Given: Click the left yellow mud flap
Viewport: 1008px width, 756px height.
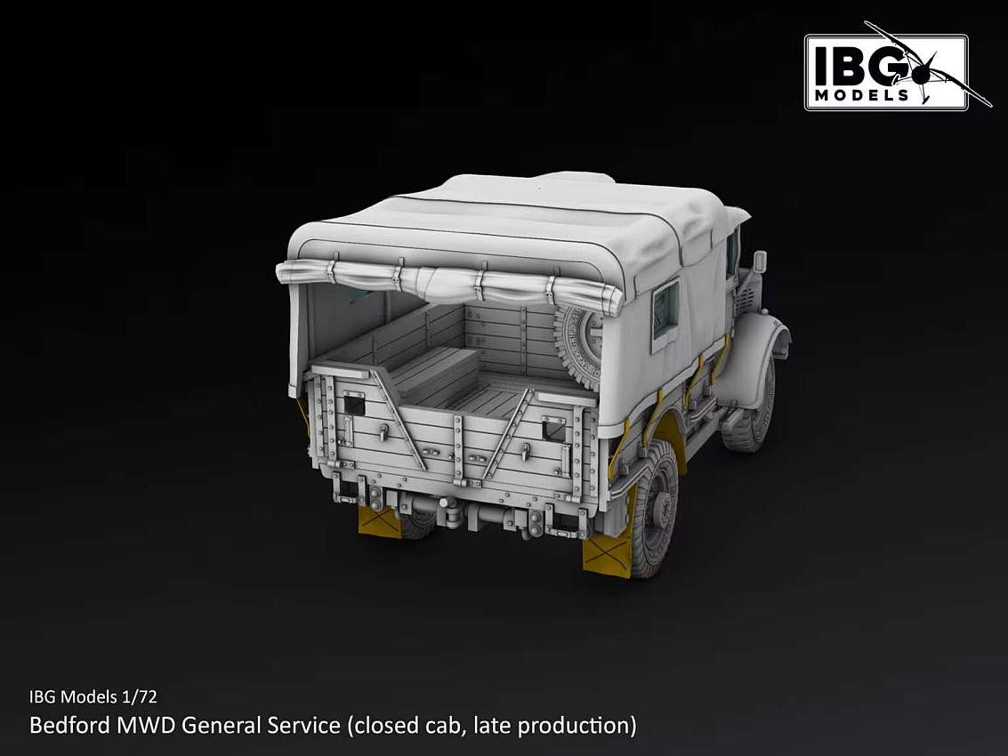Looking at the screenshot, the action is pos(379,520).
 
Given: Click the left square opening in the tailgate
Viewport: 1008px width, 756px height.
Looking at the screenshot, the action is pos(353,405).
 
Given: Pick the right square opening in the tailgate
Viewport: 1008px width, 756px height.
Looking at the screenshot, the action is pos(552,429).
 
